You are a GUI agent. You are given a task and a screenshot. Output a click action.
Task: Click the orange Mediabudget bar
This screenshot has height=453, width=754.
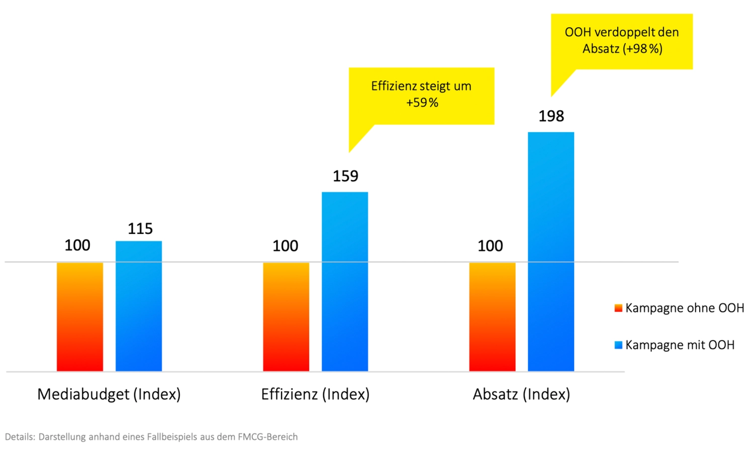point(80,317)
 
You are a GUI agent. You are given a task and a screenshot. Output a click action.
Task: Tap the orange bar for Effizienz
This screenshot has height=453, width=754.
point(286,317)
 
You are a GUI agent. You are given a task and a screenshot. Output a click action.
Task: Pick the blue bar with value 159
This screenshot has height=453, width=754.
point(345,281)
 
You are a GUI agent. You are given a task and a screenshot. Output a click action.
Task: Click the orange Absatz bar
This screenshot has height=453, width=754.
point(492,317)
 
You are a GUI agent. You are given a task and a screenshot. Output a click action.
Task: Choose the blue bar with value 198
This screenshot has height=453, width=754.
point(551,252)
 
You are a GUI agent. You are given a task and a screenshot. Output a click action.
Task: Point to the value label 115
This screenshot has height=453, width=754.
point(140,229)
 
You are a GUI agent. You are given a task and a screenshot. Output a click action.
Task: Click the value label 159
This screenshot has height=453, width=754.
point(345,176)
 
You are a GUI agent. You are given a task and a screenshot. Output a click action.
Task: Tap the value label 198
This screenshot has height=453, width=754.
point(551,116)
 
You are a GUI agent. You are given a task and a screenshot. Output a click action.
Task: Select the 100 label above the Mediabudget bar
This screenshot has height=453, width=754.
point(77,246)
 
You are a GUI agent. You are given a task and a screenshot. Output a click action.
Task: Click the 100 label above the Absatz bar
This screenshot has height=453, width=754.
point(490,246)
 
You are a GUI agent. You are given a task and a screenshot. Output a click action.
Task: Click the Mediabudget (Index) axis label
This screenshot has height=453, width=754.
point(109,394)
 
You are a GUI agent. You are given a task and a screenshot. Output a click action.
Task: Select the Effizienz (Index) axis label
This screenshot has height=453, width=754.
point(315,394)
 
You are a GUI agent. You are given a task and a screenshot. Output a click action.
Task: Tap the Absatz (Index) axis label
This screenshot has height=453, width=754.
point(521,394)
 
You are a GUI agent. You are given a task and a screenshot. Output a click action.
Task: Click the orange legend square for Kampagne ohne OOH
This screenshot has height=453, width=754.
point(618,308)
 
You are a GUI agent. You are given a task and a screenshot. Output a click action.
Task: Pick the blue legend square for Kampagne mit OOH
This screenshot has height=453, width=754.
point(618,345)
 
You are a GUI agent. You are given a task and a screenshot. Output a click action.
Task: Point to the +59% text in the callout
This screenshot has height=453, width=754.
point(422,103)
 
